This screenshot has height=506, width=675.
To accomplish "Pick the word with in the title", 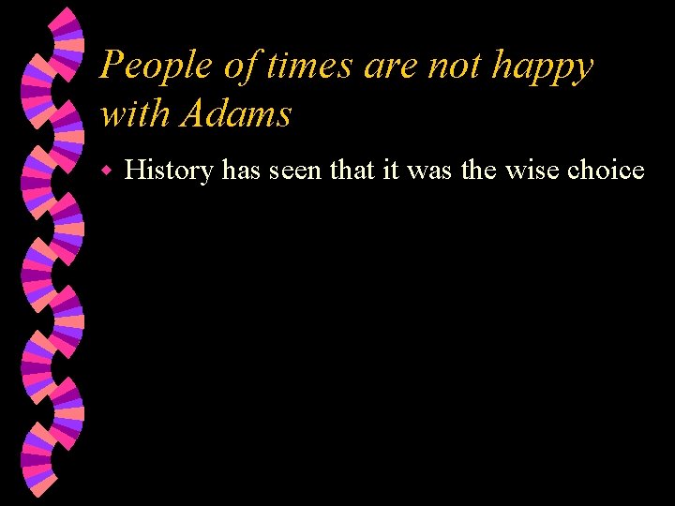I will (134, 114).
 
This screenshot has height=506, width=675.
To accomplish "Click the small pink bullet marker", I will (108, 171).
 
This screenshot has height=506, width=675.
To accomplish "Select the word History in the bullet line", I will (168, 171).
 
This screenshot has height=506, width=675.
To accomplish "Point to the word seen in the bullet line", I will (294, 171).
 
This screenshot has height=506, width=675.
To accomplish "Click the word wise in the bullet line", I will (532, 171).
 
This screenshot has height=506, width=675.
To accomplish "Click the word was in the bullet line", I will (425, 171).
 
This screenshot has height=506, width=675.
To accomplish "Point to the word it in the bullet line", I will (389, 171).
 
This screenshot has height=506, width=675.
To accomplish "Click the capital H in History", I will (133, 171).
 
